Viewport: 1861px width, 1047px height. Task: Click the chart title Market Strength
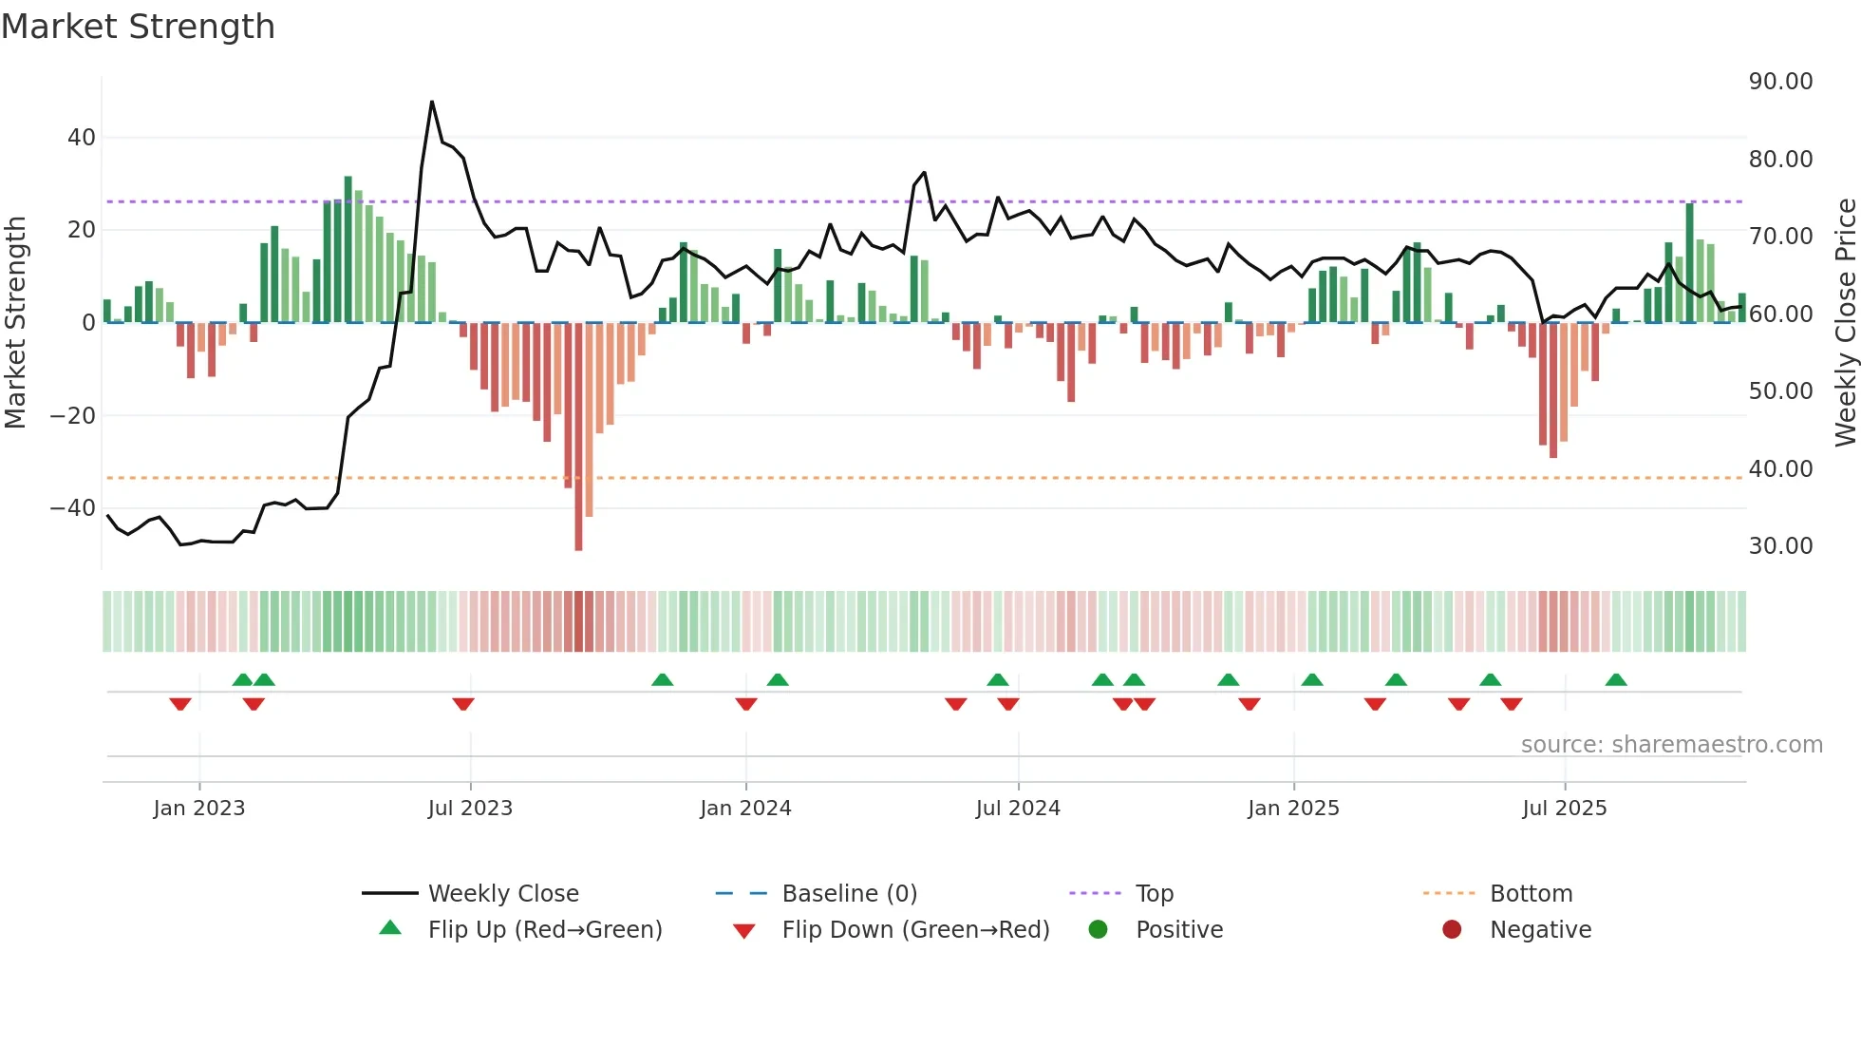[138, 27]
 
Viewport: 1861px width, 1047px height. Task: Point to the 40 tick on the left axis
[82, 138]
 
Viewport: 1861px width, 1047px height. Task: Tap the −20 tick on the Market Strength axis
[73, 416]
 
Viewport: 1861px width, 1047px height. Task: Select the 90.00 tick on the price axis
[1780, 82]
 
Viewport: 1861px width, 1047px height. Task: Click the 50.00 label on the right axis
[1780, 391]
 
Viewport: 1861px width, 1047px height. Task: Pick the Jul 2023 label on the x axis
[470, 809]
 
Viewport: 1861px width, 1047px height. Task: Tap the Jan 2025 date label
[1293, 809]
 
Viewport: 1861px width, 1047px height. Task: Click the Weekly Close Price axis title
[1845, 323]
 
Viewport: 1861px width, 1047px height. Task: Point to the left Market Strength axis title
[15, 323]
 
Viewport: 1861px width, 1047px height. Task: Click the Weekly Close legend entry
[503, 894]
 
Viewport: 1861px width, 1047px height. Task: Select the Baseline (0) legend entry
[849, 894]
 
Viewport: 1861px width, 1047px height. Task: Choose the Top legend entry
[1155, 894]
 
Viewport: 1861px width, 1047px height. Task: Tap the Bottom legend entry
[1531, 894]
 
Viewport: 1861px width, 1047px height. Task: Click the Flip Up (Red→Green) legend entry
[544, 930]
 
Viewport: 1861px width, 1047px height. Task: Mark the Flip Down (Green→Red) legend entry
[915, 930]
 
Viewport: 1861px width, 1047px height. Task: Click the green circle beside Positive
[1099, 930]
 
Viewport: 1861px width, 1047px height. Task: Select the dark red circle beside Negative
[1452, 930]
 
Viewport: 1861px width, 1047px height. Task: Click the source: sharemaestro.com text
[1671, 745]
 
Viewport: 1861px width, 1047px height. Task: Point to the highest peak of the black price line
[432, 103]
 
